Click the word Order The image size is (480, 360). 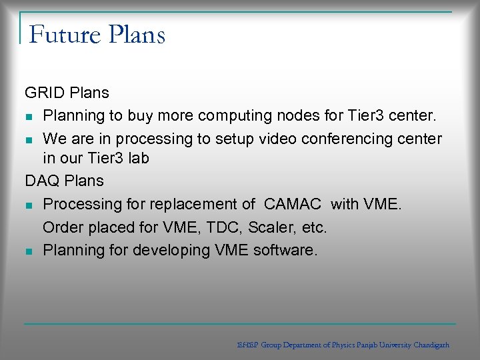[63, 227]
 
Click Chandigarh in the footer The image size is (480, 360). [431, 345]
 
